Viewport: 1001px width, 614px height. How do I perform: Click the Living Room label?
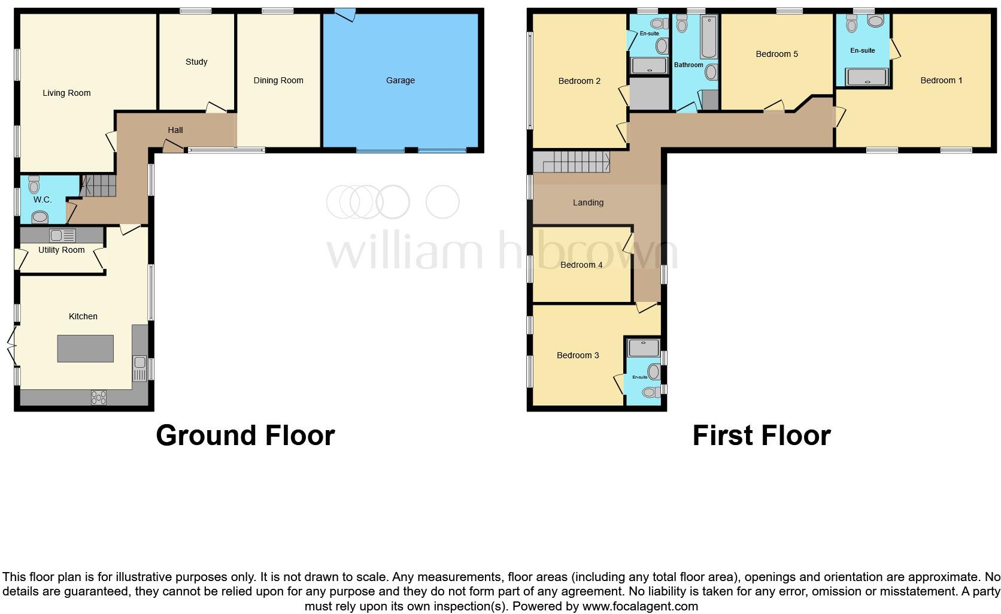pos(66,93)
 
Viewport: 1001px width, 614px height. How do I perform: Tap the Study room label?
pos(196,62)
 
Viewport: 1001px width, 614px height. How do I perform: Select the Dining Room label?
pos(278,80)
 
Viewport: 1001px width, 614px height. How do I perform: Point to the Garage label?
pos(401,80)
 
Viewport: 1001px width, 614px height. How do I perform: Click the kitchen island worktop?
pos(86,348)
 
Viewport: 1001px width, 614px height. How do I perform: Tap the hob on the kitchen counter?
pos(99,397)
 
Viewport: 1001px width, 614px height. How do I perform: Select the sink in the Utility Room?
pos(62,235)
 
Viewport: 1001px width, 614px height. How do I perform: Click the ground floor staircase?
pos(99,186)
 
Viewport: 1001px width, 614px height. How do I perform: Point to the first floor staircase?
pos(571,162)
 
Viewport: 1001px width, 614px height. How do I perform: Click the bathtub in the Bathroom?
pos(708,37)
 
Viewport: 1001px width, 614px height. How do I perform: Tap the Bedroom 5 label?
pos(776,54)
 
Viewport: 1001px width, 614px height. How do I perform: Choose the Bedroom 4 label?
pos(581,265)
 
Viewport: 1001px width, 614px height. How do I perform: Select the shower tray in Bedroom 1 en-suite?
pos(867,77)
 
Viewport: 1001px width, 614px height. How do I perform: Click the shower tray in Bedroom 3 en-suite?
pos(644,348)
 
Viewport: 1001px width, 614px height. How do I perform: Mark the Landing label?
pos(588,202)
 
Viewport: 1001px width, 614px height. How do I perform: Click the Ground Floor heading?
pos(245,435)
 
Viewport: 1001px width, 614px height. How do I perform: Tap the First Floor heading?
pos(762,435)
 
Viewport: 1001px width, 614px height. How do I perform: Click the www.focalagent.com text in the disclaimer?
pos(640,606)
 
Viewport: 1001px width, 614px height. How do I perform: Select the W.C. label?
pos(43,199)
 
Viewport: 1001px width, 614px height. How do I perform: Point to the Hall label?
pos(175,130)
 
